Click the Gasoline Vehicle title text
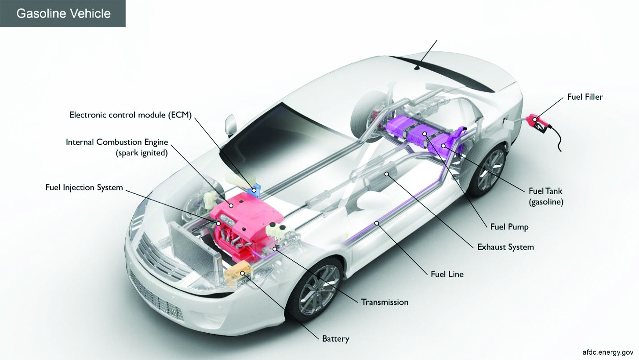pyautogui.click(x=63, y=13)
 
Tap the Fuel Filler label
pyautogui.click(x=585, y=97)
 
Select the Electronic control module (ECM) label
pyautogui.click(x=131, y=115)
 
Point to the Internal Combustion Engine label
pyautogui.click(x=116, y=142)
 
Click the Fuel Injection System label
pyautogui.click(x=84, y=187)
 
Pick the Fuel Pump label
pyautogui.click(x=509, y=227)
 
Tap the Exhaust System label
pyautogui.click(x=505, y=247)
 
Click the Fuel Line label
pyautogui.click(x=447, y=274)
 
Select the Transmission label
pyautogui.click(x=385, y=302)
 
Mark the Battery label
pyautogui.click(x=335, y=339)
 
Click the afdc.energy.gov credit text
pyautogui.click(x=608, y=352)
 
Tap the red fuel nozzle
pyautogui.click(x=538, y=122)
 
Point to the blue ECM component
pyautogui.click(x=254, y=191)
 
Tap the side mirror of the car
pyautogui.click(x=230, y=124)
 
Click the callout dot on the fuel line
pyautogui.click(x=377, y=223)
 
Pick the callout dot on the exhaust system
pyautogui.click(x=387, y=174)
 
